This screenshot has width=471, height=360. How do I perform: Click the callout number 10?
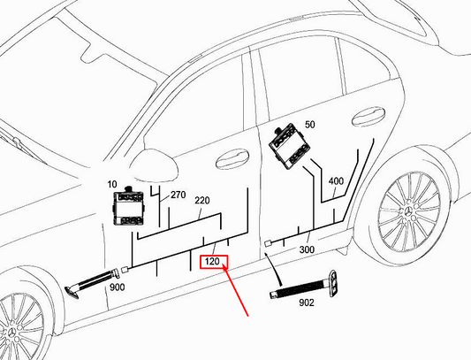click(x=112, y=185)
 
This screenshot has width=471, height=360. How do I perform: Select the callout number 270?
click(x=177, y=194)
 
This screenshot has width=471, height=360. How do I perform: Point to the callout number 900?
click(x=116, y=287)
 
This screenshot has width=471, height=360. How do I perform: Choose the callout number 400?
click(x=336, y=181)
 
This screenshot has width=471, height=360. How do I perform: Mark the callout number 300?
click(x=308, y=250)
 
